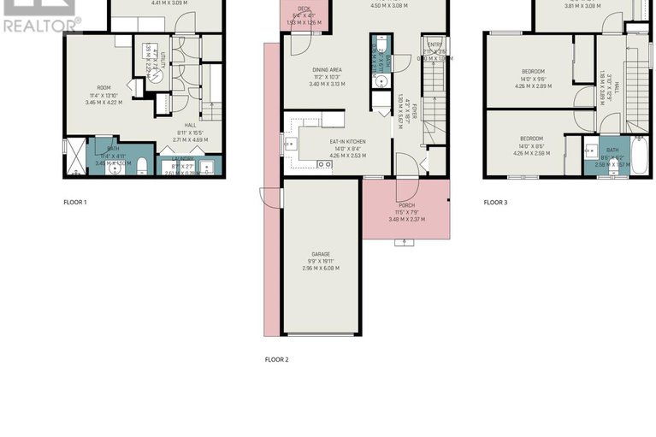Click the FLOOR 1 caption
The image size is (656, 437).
tap(75, 203)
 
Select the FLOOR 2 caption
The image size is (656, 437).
tap(276, 360)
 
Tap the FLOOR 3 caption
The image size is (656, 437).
tap(495, 203)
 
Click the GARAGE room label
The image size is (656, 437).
tap(320, 254)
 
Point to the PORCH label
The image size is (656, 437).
tap(406, 205)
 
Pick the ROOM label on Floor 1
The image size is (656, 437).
tap(103, 86)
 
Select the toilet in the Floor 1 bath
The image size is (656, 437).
tap(143, 165)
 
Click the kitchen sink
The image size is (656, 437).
tap(291, 144)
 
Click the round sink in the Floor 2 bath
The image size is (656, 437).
tap(381, 82)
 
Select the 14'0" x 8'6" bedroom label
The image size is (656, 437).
tap(532, 139)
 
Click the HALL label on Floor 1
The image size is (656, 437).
tap(190, 126)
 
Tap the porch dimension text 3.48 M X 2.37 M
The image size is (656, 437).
tap(406, 220)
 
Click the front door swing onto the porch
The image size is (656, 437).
tap(406, 189)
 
